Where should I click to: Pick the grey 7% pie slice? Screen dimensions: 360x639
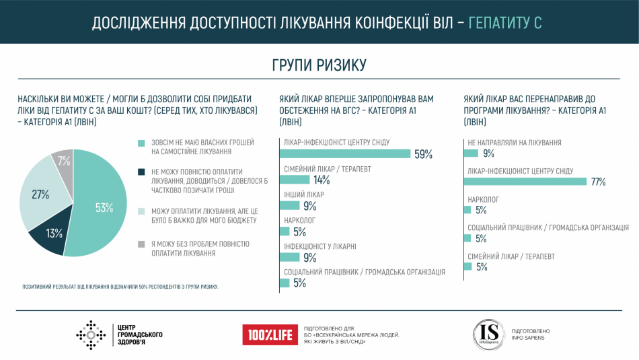click(63, 161)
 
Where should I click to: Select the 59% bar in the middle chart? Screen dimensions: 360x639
click(344, 153)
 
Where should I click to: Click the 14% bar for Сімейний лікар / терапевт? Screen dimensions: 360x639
click(294, 180)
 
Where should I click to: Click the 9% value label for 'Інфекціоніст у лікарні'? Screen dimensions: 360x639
click(310, 257)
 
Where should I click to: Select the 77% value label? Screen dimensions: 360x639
click(599, 182)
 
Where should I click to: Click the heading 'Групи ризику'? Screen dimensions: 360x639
click(319, 65)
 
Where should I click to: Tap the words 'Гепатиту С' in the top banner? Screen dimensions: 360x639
click(504, 22)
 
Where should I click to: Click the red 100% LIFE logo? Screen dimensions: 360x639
click(270, 334)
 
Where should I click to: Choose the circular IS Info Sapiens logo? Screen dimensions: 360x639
click(487, 334)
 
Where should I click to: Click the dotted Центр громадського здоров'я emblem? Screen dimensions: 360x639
click(91, 334)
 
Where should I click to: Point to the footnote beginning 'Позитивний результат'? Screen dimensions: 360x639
click(121, 287)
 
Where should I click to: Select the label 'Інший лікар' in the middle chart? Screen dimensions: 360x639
click(304, 194)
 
